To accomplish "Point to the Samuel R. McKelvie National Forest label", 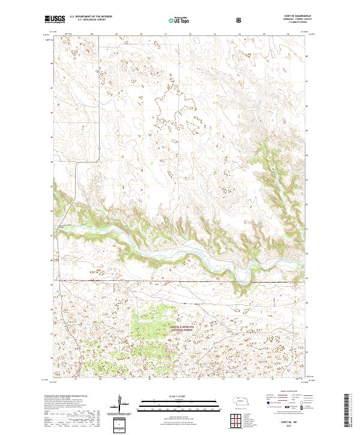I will click(154, 328).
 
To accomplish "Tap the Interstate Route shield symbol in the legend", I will click(269, 405).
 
